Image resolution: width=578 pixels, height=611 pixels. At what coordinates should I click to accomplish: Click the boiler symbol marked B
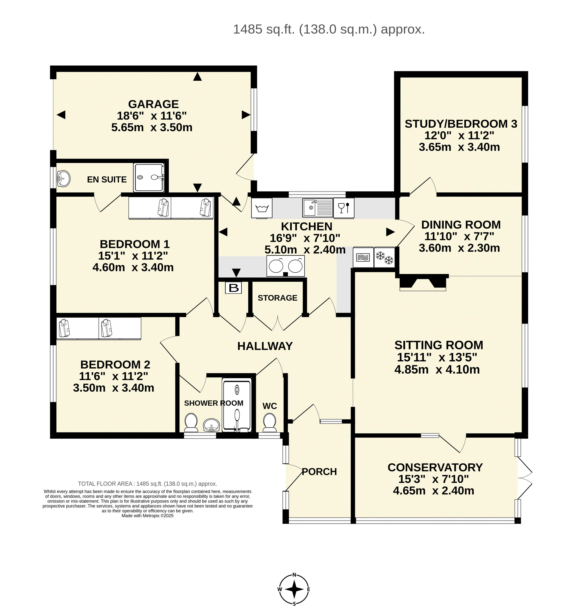(x=233, y=288)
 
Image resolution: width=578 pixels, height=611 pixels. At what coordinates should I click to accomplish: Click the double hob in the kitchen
(x=285, y=266)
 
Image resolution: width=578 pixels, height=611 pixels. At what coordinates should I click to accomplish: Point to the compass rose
(x=294, y=590)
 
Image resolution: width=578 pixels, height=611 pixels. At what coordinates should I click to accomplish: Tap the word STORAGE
(x=278, y=298)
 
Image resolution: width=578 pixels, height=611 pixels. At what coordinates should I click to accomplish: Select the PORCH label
(x=319, y=472)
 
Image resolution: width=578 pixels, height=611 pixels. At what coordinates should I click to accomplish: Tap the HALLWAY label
(x=265, y=346)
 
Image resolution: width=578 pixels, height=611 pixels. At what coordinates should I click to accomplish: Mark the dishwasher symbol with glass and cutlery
(x=344, y=208)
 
